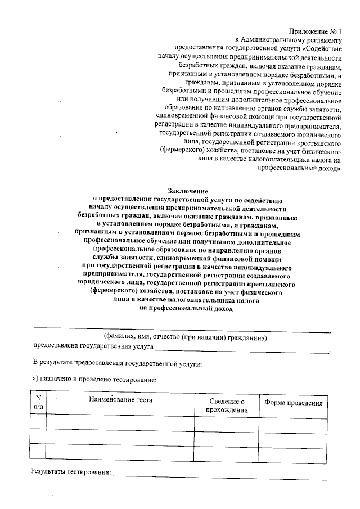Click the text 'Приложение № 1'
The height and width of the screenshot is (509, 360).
tap(316, 33)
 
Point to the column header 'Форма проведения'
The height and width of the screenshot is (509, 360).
tap(293, 403)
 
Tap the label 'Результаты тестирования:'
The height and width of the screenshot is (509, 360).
tap(70, 471)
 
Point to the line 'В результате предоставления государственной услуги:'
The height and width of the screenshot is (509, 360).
tap(116, 363)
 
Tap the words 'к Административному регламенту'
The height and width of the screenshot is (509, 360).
tap(289, 40)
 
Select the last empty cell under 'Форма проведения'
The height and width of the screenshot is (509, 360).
tap(293, 451)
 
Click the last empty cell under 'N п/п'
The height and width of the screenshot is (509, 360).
tap(38, 451)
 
